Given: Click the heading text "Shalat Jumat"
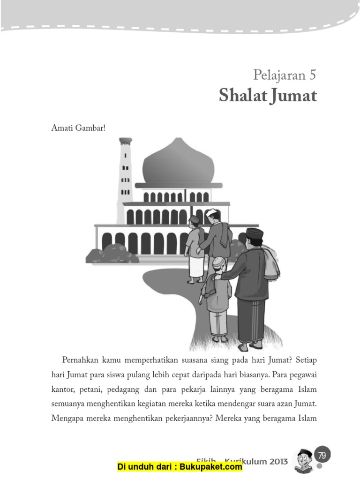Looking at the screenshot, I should pyautogui.click(x=268, y=96).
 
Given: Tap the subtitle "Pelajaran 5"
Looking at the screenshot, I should pyautogui.click(x=285, y=75).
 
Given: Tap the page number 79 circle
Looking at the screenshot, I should pyautogui.click(x=322, y=455).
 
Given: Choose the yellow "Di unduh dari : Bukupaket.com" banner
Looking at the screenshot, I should pyautogui.click(x=180, y=467).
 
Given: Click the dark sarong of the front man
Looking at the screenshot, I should pyautogui.click(x=251, y=319).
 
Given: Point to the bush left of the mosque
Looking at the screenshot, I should pyautogui.click(x=112, y=254).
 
